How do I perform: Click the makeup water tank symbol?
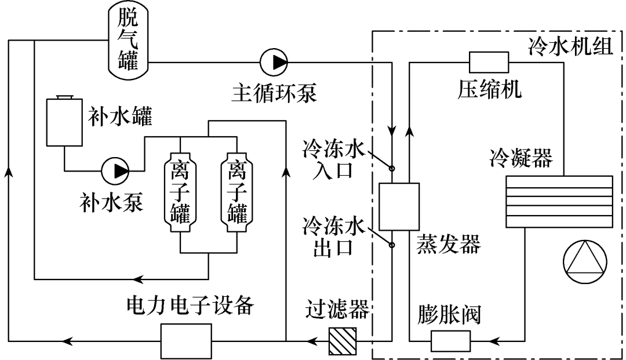click(x=64, y=122)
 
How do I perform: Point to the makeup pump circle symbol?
click(x=115, y=170)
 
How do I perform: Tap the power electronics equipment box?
click(x=186, y=341)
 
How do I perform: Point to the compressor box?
click(x=488, y=62)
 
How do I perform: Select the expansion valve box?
click(x=450, y=340)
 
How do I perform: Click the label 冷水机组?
click(x=570, y=46)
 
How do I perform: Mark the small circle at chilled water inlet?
click(x=392, y=169)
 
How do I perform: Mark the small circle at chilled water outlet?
click(x=392, y=245)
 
